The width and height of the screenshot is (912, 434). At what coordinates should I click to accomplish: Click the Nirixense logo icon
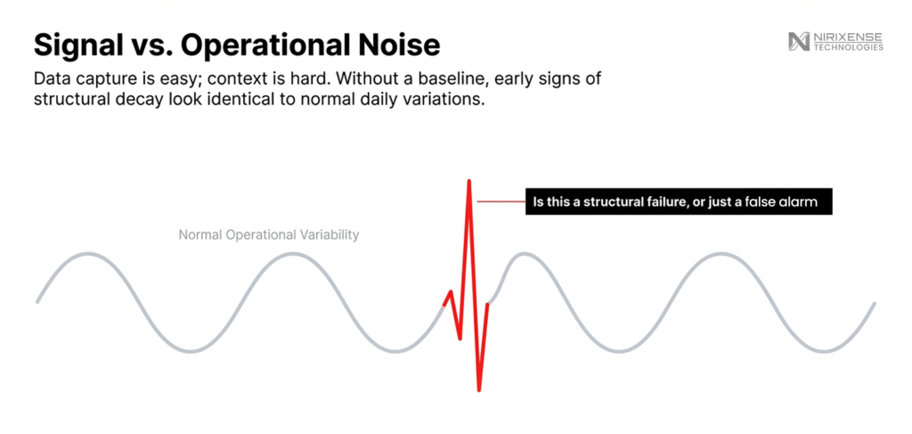[x=799, y=41]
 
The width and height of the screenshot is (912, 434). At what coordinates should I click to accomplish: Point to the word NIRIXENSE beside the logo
[x=848, y=37]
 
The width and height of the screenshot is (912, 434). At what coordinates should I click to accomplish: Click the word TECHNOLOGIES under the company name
[x=848, y=47]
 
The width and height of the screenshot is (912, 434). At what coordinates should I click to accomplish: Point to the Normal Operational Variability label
[x=269, y=235]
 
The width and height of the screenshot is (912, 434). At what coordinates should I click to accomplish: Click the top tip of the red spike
[x=468, y=180]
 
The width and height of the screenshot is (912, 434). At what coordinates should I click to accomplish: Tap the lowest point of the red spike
[x=478, y=389]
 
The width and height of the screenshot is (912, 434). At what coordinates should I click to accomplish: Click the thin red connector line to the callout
[x=501, y=201]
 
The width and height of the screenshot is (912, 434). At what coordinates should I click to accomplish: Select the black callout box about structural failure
[x=679, y=202]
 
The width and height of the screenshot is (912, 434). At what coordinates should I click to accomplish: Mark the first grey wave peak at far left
[x=88, y=254]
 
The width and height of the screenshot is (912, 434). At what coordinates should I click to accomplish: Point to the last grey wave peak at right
[x=721, y=254]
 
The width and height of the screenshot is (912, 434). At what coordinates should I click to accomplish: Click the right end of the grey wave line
[x=875, y=303]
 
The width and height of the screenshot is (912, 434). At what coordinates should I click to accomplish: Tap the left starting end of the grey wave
[x=37, y=302]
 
